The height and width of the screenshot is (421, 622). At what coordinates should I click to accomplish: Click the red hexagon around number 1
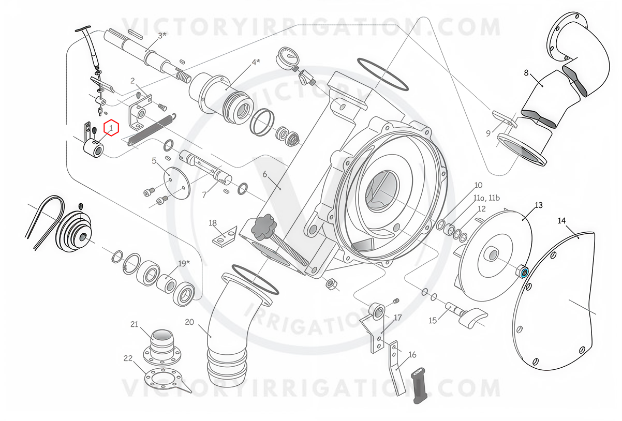pos(111,128)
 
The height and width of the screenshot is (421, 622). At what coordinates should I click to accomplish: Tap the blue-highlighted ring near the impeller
pos(524,273)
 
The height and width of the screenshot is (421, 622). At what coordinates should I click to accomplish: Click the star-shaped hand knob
pos(263,227)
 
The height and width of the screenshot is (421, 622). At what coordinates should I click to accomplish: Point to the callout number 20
pos(189,322)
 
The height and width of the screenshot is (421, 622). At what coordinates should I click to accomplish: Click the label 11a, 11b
pos(486,198)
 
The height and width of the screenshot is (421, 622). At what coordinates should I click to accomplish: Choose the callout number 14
pos(562,221)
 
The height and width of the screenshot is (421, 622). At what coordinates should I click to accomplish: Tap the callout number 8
pos(526,73)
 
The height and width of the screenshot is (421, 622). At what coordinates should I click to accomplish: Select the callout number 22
pos(128,358)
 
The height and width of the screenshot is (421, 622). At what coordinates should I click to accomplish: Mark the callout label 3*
pos(162,35)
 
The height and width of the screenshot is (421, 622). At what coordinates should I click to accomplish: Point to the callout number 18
pos(213,223)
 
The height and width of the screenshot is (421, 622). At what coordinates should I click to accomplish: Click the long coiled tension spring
pos(152,129)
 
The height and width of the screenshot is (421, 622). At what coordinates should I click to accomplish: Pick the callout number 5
pos(154,160)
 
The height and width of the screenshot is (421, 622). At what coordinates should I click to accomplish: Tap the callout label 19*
pos(184,263)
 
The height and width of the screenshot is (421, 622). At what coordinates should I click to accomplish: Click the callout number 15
pos(433,321)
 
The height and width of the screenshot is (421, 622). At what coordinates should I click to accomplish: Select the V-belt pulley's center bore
pos(83,237)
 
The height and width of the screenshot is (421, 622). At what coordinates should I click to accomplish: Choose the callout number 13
pos(538,205)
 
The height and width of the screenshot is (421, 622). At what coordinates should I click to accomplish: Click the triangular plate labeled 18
pos(225,237)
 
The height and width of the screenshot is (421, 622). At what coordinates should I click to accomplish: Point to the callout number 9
pos(488,133)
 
